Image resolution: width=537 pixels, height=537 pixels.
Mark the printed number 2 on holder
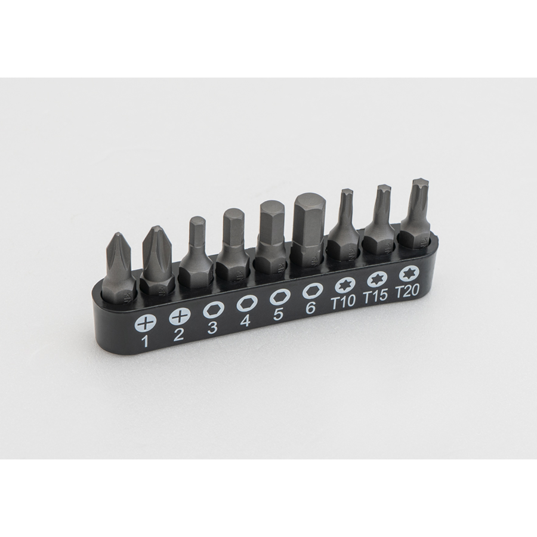(178, 334)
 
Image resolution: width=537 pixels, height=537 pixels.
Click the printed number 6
(310, 308)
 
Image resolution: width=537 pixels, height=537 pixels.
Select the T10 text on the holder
(343, 301)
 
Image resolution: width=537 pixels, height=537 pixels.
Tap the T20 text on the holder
(408, 290)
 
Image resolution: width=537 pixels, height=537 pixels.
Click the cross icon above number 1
(144, 323)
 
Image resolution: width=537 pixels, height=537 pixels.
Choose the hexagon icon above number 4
(245, 303)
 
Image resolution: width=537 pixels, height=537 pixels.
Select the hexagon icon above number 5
(278, 297)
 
